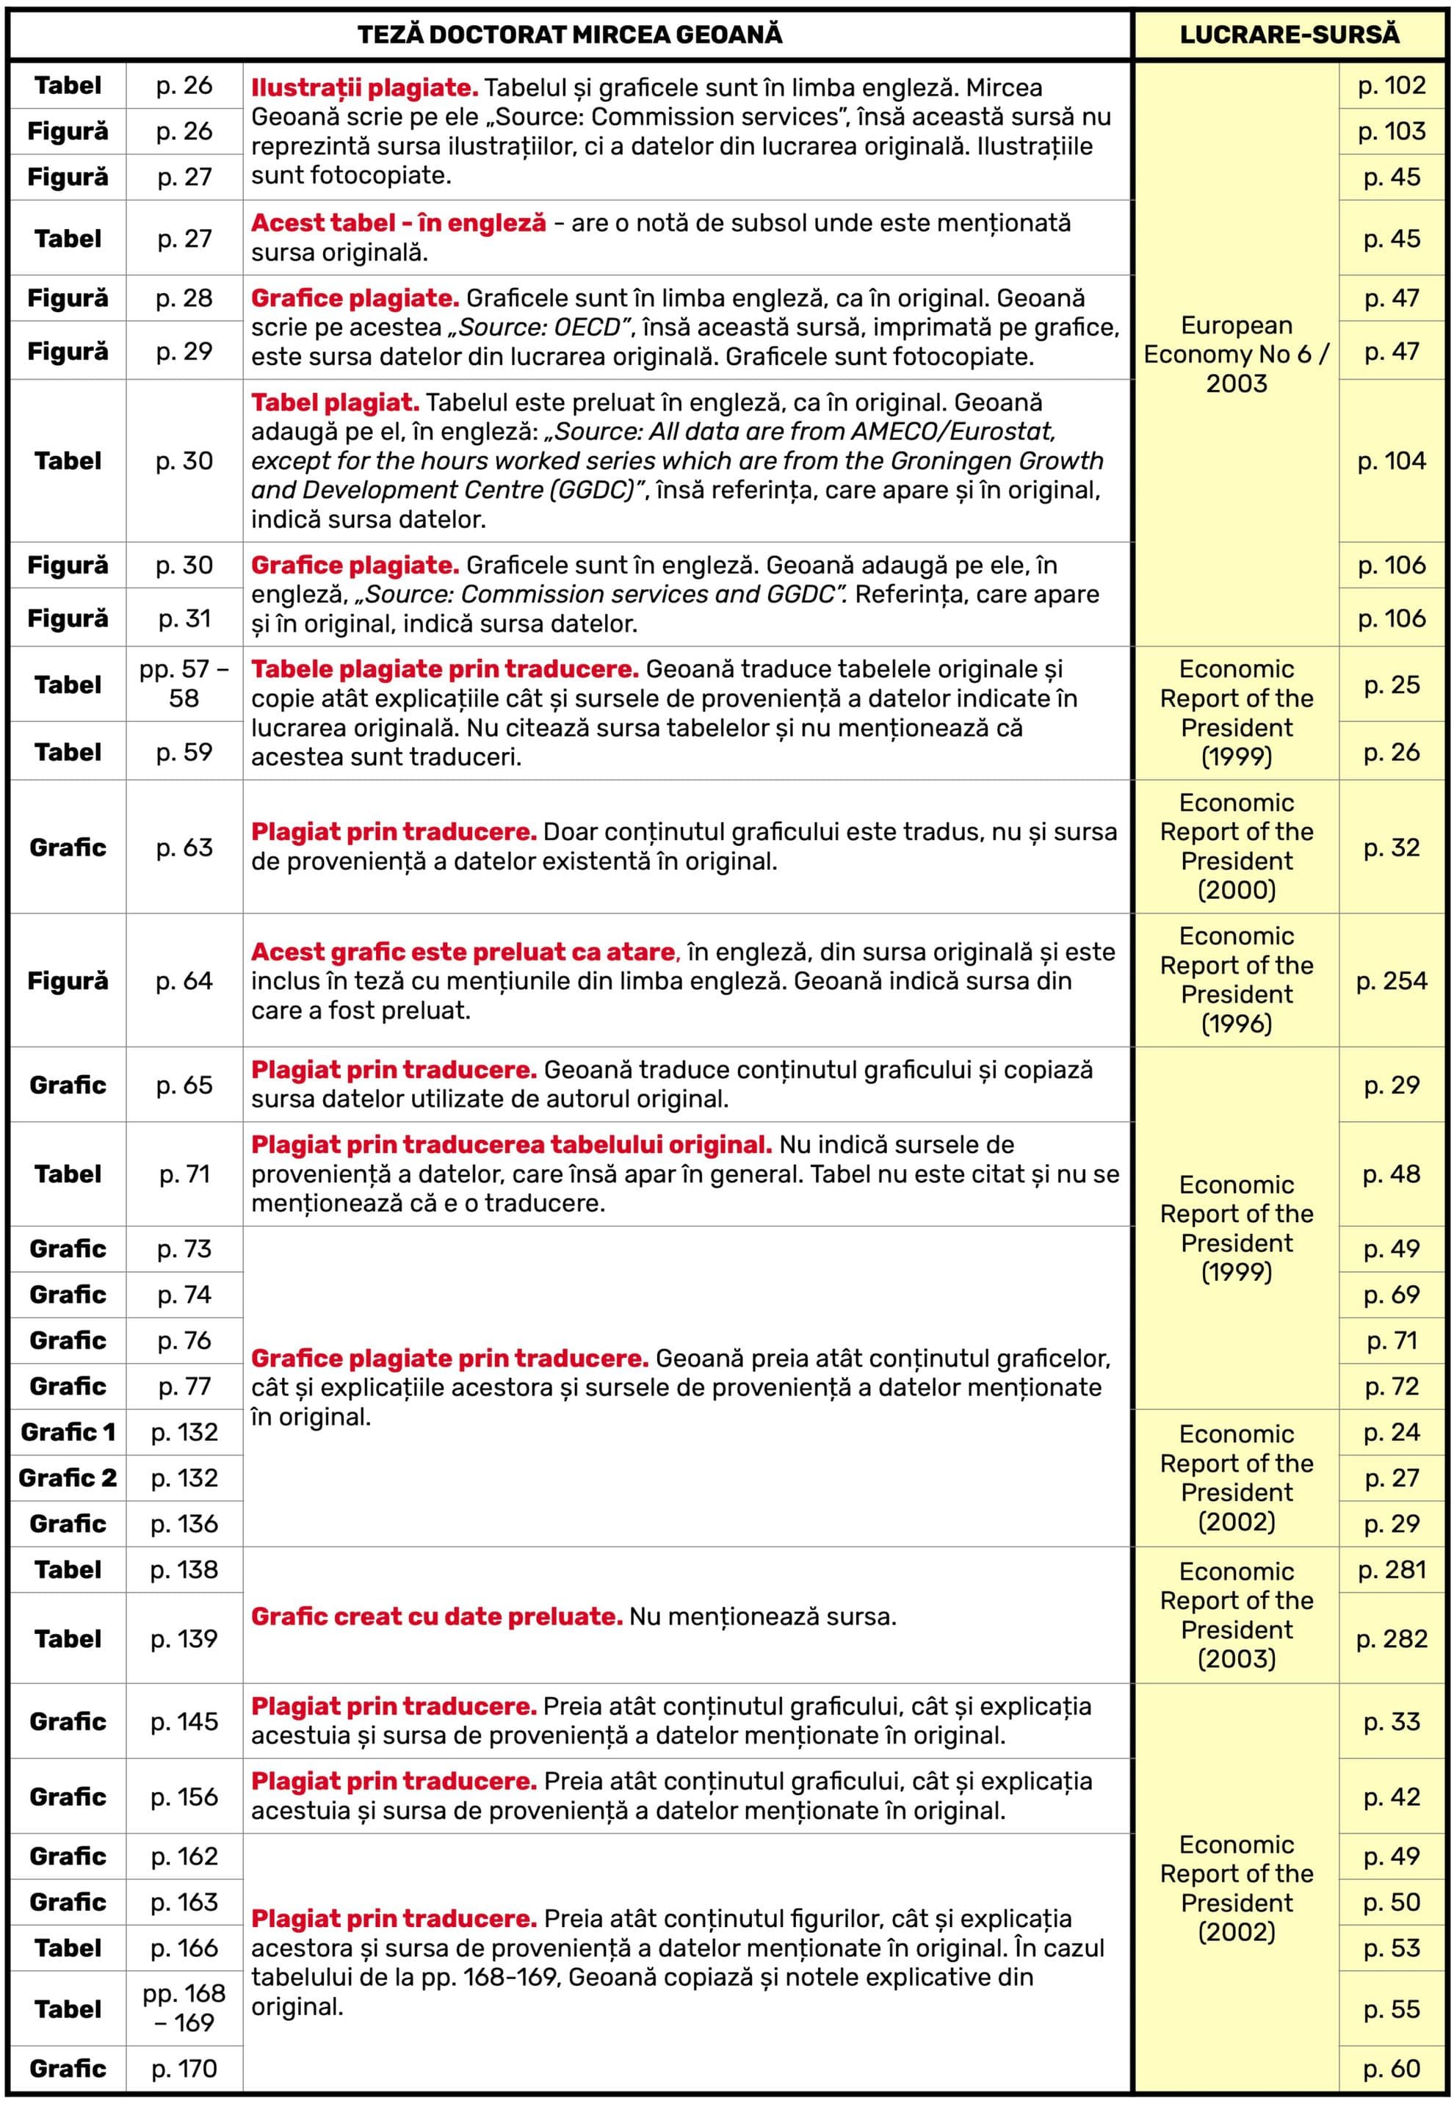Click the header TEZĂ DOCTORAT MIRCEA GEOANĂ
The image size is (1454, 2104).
[x=569, y=35]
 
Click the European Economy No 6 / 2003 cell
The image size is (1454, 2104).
[x=1236, y=354]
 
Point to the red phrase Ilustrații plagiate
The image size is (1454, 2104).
[x=364, y=88]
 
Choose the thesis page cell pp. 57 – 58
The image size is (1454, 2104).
[x=184, y=684]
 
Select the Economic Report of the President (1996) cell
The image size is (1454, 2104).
[x=1236, y=980]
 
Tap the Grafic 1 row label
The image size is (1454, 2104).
[x=68, y=1432]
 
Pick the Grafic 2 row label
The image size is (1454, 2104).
[x=68, y=1478]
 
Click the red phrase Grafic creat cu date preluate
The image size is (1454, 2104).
[x=437, y=1616]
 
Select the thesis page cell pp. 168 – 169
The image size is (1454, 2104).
[x=184, y=2009]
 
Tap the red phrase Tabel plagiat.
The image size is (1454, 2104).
[x=336, y=402]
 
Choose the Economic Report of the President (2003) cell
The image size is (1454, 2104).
[x=1236, y=1615]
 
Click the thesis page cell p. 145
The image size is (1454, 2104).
[x=184, y=1721]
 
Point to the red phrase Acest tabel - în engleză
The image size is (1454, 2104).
[x=398, y=223]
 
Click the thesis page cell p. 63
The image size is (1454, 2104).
[x=184, y=847]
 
